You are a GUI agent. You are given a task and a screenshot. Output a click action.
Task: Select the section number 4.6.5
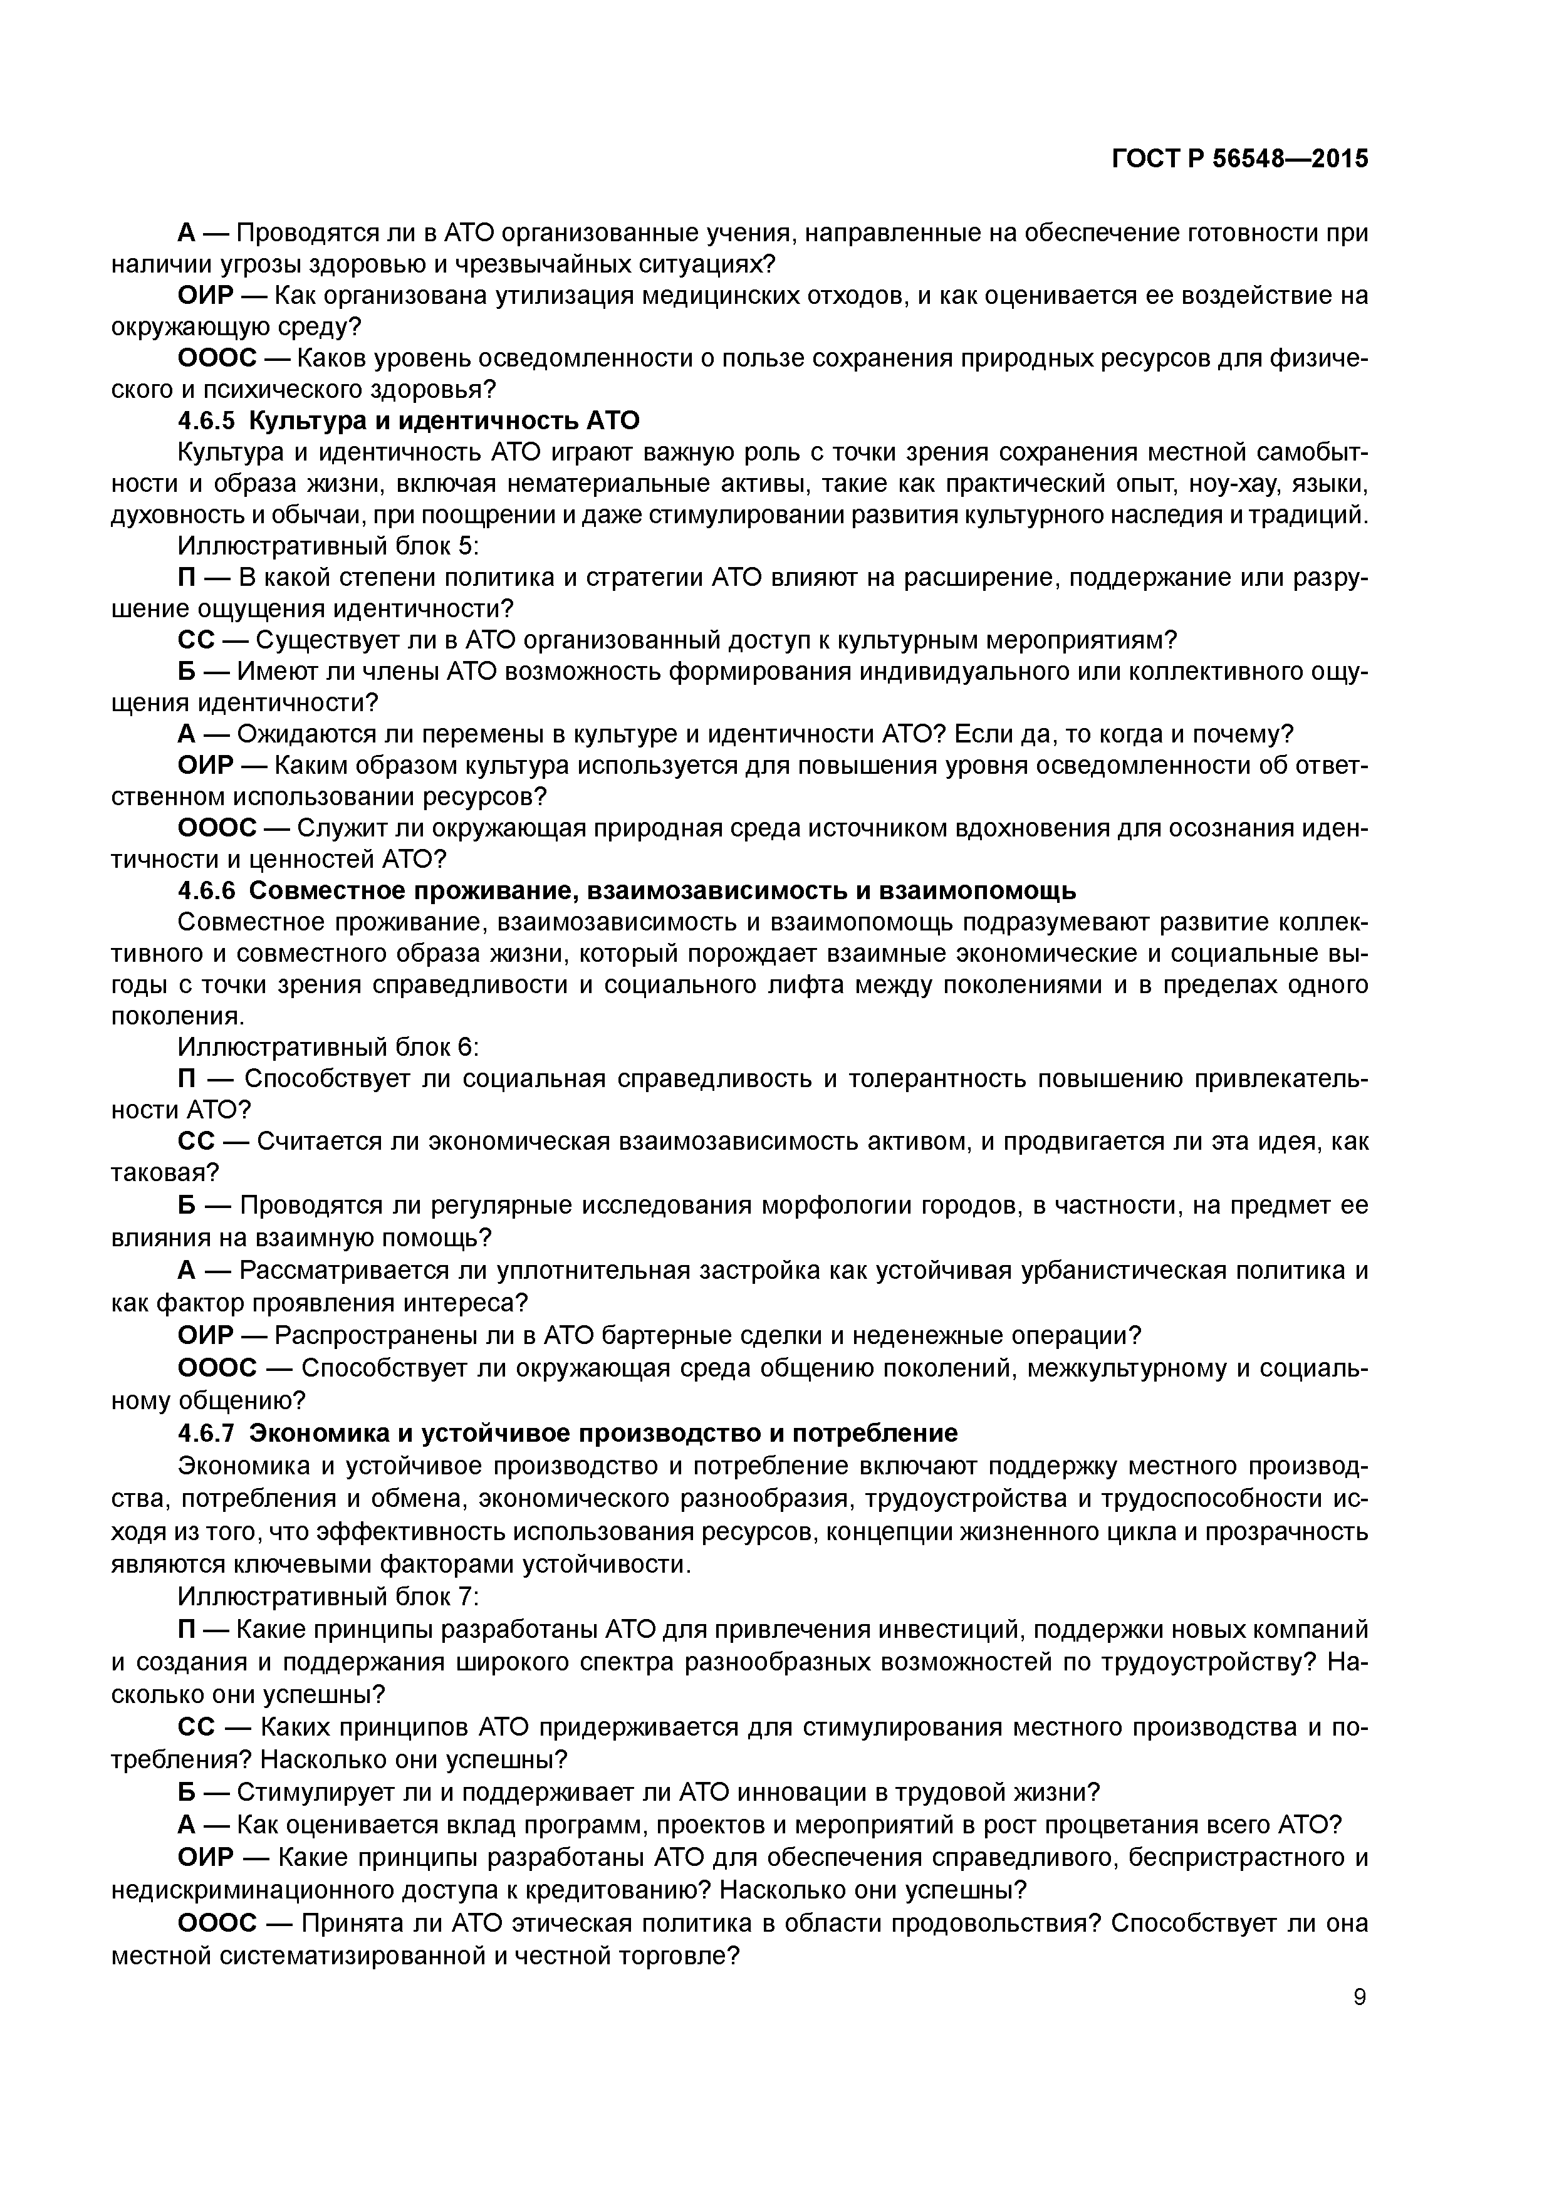click(x=207, y=421)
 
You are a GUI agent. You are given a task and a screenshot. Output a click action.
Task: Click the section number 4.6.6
click(x=207, y=891)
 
